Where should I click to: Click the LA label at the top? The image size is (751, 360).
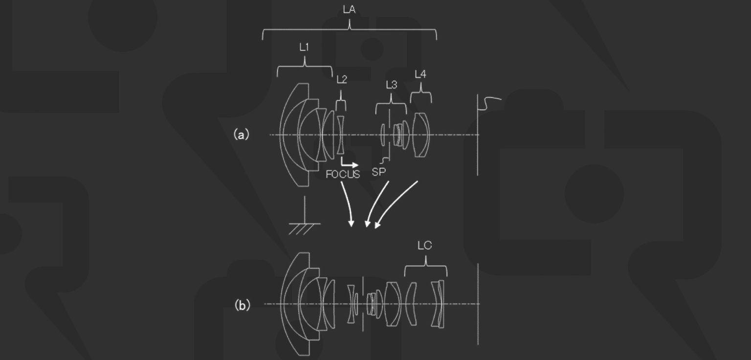[x=349, y=9]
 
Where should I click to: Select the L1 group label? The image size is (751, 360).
[x=304, y=47]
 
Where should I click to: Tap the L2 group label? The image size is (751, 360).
[x=342, y=80]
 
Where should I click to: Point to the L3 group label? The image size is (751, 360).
[x=391, y=85]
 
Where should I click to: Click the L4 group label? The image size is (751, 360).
[x=420, y=74]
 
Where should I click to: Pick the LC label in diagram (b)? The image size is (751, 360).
[x=424, y=246]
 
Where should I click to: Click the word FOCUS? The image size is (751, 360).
[x=343, y=175]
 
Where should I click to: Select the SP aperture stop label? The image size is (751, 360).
[x=378, y=172]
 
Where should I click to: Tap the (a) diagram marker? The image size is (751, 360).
[x=242, y=134]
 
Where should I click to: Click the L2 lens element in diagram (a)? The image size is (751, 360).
[x=341, y=135]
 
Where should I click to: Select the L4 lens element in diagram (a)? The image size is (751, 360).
[x=420, y=135]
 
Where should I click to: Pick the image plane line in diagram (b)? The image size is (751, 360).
[x=478, y=303]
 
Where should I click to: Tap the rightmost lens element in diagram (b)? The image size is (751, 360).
[x=440, y=304]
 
